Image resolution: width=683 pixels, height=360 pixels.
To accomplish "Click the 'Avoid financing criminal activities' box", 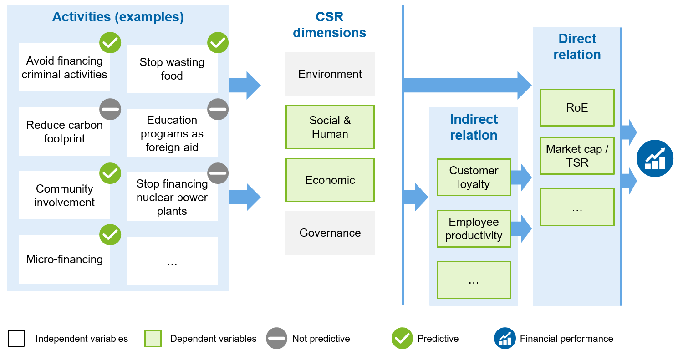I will coord(64,68).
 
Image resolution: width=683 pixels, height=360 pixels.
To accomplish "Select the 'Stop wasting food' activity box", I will coord(172,69).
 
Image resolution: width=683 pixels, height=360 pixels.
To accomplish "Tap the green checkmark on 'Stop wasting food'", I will coord(218,43).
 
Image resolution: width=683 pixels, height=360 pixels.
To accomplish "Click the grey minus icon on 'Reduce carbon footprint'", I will coord(110,109).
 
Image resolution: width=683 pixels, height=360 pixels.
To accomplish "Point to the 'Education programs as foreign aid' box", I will coord(172,133).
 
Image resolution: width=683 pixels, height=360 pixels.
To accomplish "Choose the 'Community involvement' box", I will coord(64,195).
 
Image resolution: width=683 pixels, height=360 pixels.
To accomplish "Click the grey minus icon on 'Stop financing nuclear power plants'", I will coord(218,173).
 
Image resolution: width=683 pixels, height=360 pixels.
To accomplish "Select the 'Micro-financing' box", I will coord(64,259).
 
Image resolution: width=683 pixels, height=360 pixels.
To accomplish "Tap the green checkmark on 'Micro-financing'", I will coord(110,235).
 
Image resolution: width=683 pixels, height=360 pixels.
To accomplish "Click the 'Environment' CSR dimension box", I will coord(330,74).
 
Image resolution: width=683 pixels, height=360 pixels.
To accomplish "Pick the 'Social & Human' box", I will coord(330,127).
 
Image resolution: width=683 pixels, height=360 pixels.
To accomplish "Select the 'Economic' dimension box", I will coord(330,180).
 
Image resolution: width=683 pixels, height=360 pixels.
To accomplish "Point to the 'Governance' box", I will coord(330,233).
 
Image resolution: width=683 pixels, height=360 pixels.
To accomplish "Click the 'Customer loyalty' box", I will coord(474,177).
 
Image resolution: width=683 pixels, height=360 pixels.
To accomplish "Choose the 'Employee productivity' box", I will coord(474,228).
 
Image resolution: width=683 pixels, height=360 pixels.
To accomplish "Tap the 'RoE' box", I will coord(577,107).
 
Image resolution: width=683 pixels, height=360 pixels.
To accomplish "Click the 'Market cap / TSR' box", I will coord(577,156).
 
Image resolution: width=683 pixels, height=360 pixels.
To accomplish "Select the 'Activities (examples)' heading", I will coord(118,17).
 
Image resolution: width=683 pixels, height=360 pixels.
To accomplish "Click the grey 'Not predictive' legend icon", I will coord(276,338).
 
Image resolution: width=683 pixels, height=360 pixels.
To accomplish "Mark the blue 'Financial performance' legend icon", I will coord(505,338).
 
